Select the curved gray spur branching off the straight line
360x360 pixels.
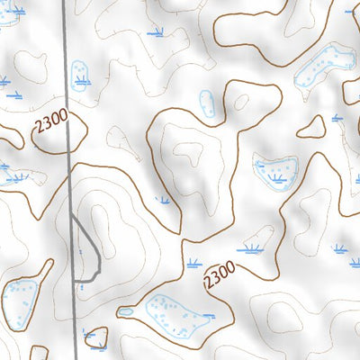pos(89,252)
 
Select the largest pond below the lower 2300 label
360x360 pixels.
pos(175,314)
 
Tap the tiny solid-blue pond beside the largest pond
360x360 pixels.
pos(125,312)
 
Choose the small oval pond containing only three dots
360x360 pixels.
pos(207,103)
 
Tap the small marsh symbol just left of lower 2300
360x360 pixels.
pos(192,264)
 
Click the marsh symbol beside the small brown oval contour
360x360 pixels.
pos(337,118)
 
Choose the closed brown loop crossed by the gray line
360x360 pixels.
pos(59,133)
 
